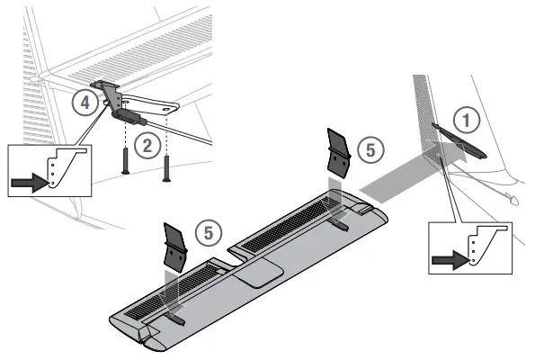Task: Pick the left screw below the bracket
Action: point(125,161)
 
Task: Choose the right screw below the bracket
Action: point(166,166)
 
